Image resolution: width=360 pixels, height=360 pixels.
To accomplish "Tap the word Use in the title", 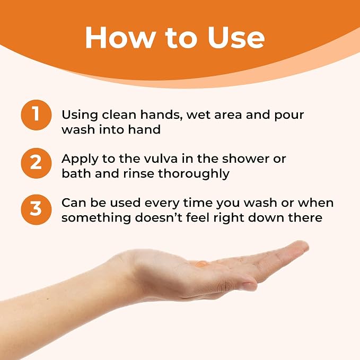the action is tap(236, 38).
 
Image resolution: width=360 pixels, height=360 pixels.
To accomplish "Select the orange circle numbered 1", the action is tap(36, 115).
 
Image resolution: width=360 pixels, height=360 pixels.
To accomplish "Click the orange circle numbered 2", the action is tap(36, 163).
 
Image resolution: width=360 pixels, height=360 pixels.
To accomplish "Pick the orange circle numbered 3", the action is tap(36, 209).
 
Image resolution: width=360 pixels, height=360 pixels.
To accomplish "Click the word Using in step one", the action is tap(80, 115).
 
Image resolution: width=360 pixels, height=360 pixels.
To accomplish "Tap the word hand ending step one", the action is tap(144, 129).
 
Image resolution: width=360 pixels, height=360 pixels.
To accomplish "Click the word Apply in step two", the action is tap(80, 160).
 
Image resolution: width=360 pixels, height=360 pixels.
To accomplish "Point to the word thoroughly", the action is tap(194, 174).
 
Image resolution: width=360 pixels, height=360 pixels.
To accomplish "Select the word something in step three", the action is tap(96, 218).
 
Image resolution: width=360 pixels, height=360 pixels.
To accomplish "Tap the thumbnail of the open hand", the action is tap(250, 285).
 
